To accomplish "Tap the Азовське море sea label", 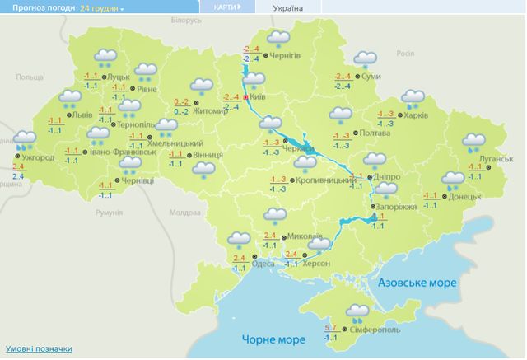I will [417, 283].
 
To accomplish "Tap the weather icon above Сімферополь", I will [357, 311].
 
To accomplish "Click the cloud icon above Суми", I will [362, 59].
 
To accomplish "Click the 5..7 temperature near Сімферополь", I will [331, 329].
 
